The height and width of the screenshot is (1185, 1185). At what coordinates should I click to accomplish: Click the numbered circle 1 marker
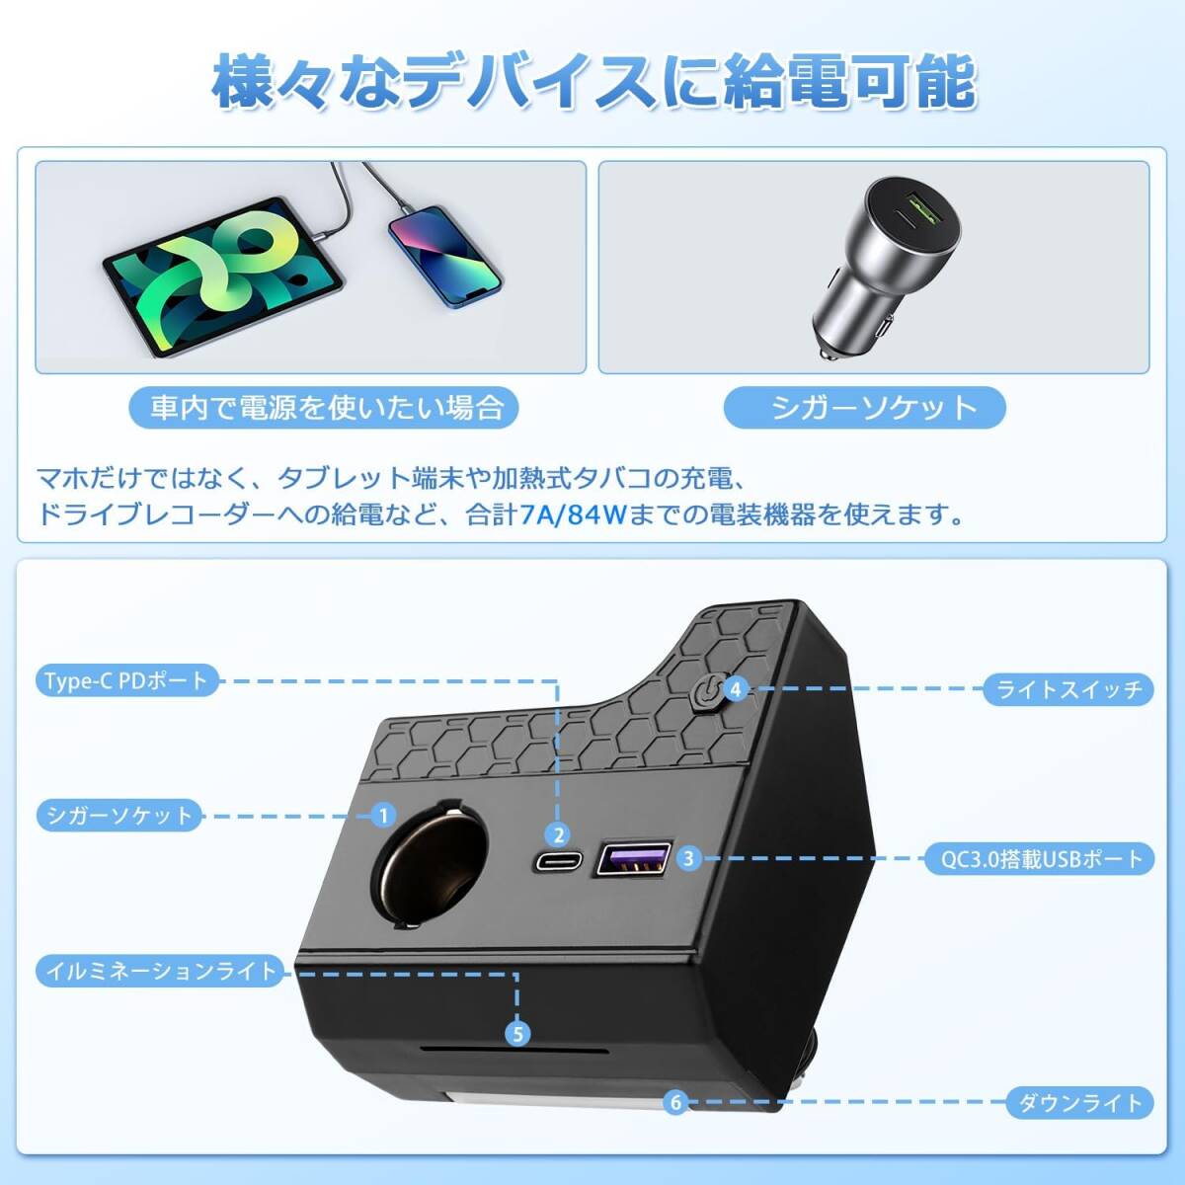[x=383, y=816]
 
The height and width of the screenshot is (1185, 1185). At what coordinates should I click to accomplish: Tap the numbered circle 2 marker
[x=559, y=835]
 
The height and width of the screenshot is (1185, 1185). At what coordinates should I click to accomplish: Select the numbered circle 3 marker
[x=688, y=858]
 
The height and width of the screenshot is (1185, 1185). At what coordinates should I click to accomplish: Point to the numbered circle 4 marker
[x=736, y=688]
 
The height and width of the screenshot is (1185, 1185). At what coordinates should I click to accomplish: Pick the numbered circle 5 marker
[x=517, y=1034]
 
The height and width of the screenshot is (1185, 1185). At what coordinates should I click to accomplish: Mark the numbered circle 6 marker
[x=675, y=1102]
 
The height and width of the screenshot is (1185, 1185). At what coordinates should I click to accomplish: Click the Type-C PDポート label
[x=126, y=681]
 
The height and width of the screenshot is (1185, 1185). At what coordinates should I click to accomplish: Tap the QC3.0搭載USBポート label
[x=1040, y=859]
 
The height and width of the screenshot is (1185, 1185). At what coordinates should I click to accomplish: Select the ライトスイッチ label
[x=1068, y=689]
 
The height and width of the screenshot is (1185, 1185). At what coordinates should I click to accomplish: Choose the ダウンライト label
[x=1079, y=1102]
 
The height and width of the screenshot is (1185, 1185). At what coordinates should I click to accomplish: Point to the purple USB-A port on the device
[x=633, y=859]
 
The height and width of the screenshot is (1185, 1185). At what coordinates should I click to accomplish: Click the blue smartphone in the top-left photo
[x=443, y=255]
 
